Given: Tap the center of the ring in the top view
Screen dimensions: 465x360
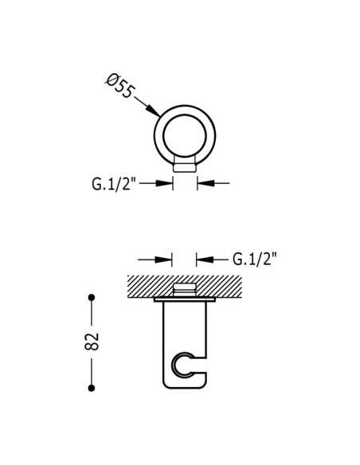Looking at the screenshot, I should (185, 131).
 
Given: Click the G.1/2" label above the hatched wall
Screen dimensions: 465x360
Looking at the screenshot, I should (255, 259).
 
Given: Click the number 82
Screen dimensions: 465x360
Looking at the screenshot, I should (92, 342).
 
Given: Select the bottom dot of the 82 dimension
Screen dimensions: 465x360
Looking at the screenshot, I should (92, 388).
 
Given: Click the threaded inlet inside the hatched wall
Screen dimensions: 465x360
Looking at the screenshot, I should (185, 289).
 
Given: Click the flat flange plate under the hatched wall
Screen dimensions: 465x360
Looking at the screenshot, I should (185, 301).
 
